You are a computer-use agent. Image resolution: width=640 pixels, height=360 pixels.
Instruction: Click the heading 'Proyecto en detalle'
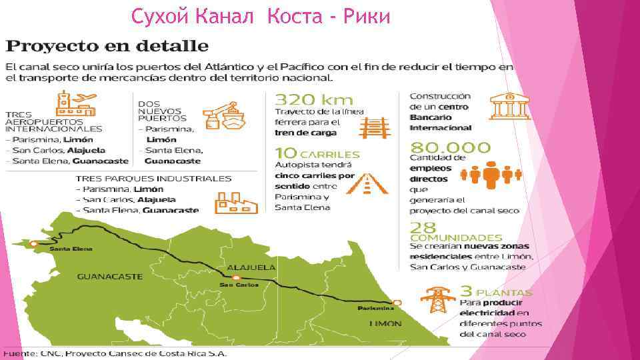point(107,47)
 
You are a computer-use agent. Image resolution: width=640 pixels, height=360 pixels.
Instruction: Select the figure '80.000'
point(450,147)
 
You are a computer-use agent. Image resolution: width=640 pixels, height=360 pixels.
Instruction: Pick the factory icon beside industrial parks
point(235,201)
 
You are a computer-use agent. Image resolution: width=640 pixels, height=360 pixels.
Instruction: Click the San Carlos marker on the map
point(236,277)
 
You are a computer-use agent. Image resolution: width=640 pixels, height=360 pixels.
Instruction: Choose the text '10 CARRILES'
point(317,153)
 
